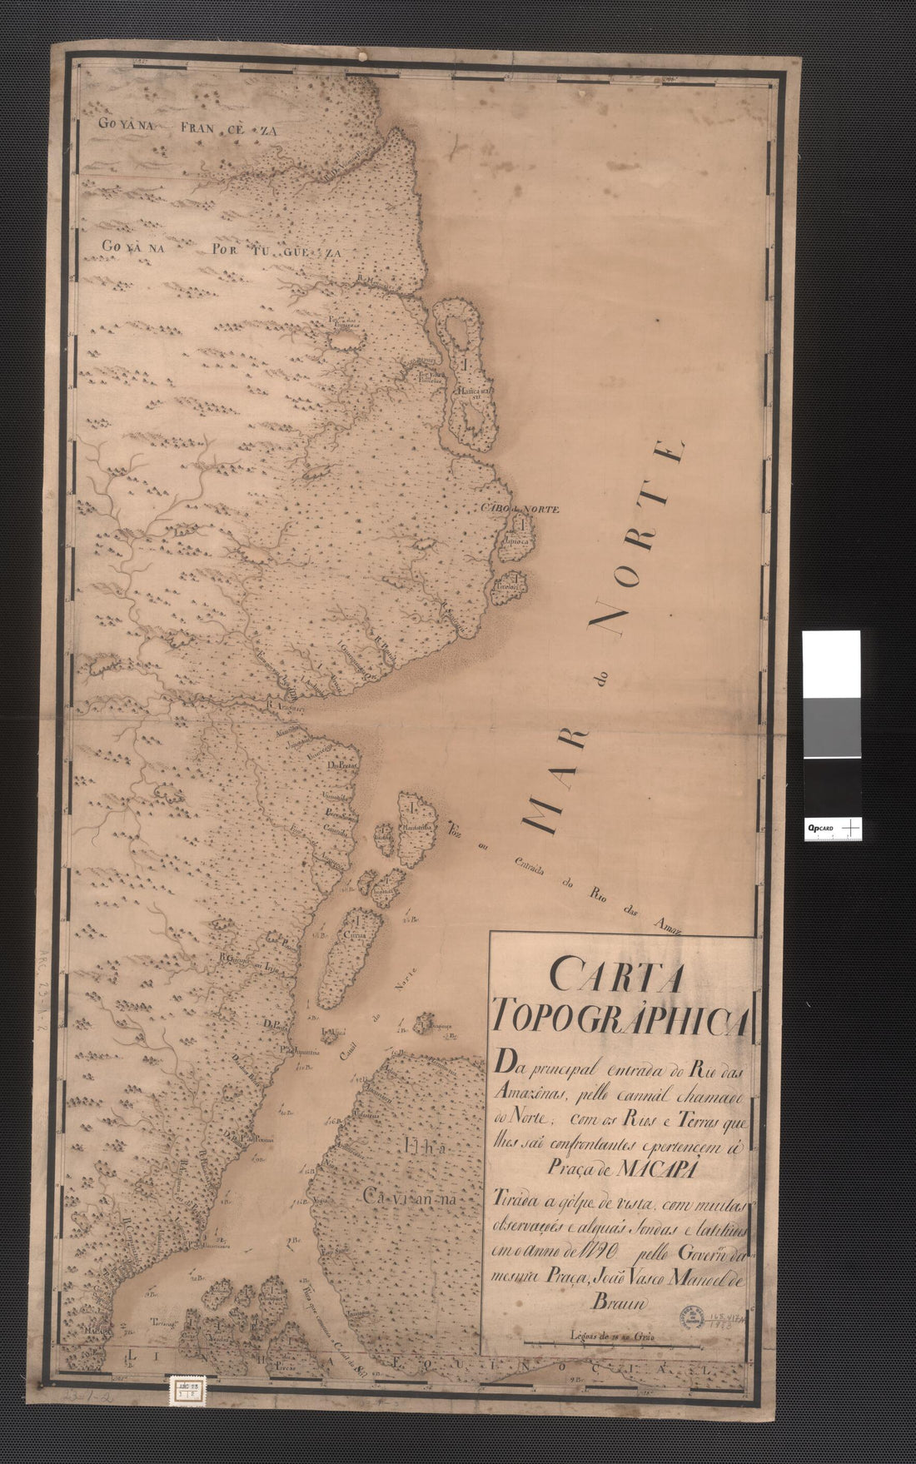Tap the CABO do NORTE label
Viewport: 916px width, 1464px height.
click(518, 509)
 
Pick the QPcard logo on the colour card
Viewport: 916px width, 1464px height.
click(821, 828)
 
